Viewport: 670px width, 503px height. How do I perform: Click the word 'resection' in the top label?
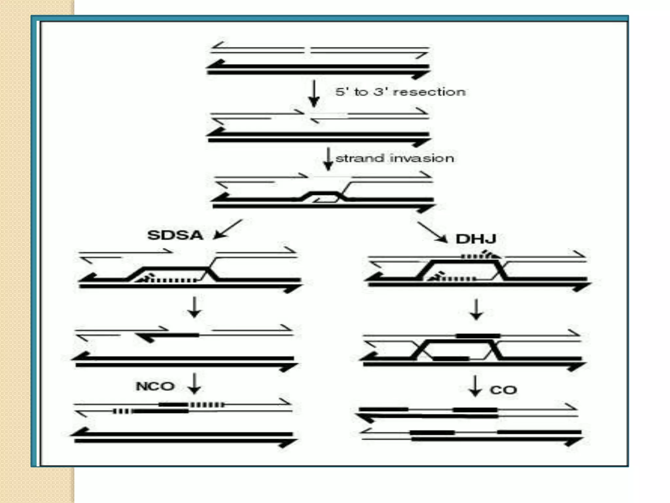click(x=429, y=92)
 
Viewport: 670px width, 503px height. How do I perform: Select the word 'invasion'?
click(x=422, y=158)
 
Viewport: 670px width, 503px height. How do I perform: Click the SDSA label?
click(x=175, y=235)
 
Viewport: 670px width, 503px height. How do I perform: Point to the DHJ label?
click(x=476, y=239)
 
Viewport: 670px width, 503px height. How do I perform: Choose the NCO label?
click(x=155, y=386)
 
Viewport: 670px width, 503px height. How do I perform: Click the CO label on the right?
click(x=503, y=390)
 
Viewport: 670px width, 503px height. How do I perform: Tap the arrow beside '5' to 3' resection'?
click(x=314, y=93)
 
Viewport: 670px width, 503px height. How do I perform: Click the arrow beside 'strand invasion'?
click(x=328, y=159)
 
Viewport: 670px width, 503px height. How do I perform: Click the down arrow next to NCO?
click(x=194, y=383)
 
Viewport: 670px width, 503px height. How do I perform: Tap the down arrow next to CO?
click(x=475, y=386)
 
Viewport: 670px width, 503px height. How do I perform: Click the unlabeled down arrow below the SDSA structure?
click(x=194, y=307)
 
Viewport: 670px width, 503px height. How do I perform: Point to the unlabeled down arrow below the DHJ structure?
click(x=476, y=309)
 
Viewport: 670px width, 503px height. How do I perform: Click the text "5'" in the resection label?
click(x=341, y=92)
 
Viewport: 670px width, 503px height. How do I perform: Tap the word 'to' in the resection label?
click(x=361, y=92)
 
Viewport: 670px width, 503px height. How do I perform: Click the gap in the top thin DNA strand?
click(x=308, y=50)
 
